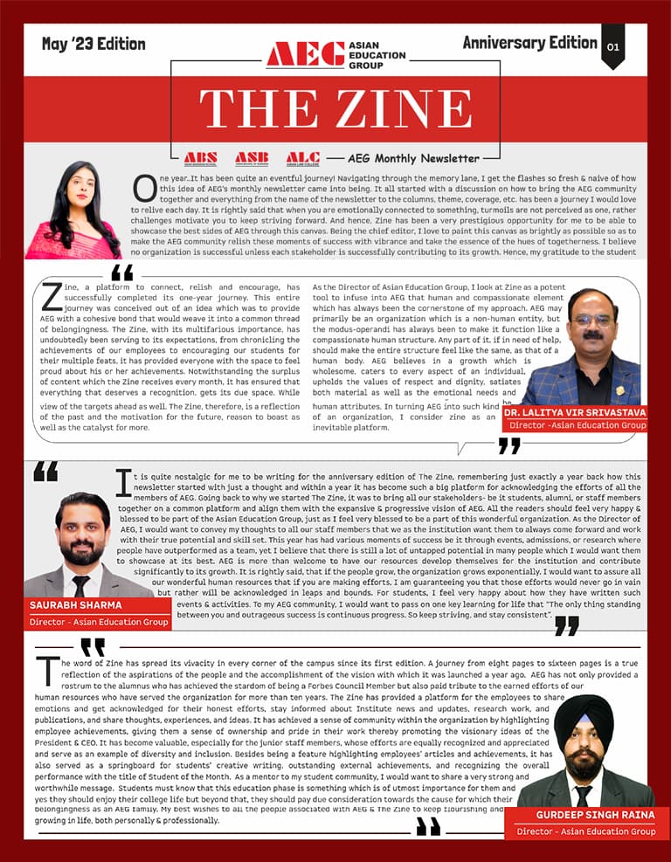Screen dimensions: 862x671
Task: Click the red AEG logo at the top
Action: tap(305, 54)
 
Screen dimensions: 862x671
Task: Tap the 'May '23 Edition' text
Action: tap(93, 44)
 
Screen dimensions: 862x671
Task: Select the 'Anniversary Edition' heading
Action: tap(529, 43)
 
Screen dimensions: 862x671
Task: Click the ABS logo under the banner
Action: tap(201, 158)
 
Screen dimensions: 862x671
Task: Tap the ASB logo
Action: tap(252, 158)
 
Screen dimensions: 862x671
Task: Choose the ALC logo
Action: tap(302, 158)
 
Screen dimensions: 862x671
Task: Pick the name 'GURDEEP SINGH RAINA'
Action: tap(585, 815)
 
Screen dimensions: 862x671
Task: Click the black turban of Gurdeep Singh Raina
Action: tap(584, 714)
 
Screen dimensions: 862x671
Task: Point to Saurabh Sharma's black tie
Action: tap(80, 585)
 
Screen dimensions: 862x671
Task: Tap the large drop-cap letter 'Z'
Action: tap(52, 297)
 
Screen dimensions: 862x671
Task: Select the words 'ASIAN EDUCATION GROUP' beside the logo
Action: tap(377, 54)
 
